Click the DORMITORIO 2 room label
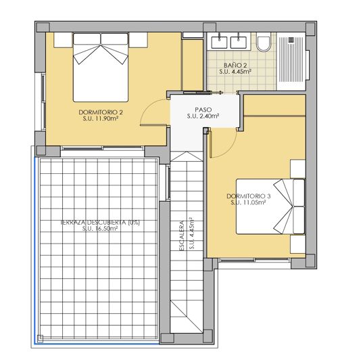[x=100, y=112]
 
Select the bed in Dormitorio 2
[x=101, y=64]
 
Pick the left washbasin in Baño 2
[x=220, y=41]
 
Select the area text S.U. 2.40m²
[x=203, y=116]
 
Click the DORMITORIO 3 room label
[x=250, y=196]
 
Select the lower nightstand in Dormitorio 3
[x=298, y=246]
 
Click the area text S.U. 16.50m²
[x=100, y=229]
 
